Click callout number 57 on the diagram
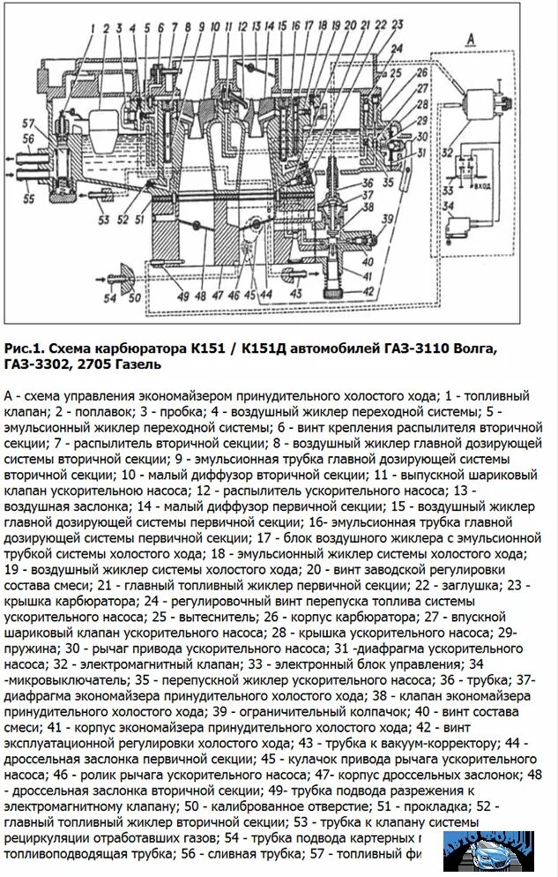tap(28, 122)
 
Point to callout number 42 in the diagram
tap(367, 292)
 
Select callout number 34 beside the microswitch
tap(451, 208)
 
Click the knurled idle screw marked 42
tap(336, 287)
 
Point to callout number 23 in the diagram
tap(397, 24)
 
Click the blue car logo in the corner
tap(490, 852)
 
